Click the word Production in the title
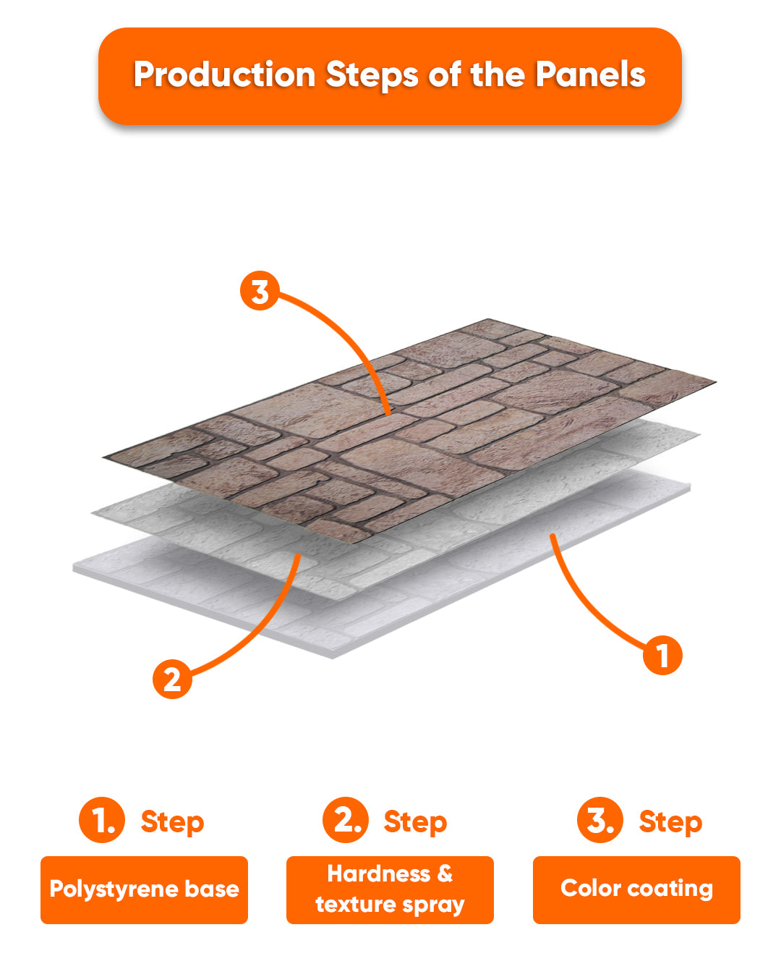(225, 75)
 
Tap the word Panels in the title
(590, 74)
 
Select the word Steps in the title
(372, 75)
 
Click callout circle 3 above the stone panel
(260, 291)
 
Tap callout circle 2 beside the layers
(172, 680)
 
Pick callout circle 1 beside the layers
(662, 656)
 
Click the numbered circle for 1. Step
(102, 821)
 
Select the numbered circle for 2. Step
(346, 821)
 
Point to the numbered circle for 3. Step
(600, 821)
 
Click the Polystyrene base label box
(145, 890)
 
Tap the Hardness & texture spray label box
(390, 890)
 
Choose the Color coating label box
(636, 890)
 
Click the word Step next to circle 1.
(172, 823)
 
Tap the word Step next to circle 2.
(415, 823)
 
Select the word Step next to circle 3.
(670, 823)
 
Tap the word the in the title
(498, 74)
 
